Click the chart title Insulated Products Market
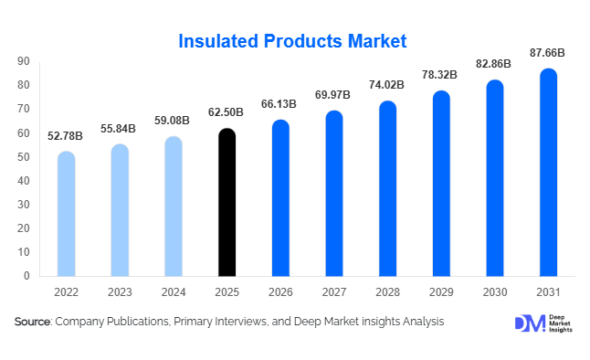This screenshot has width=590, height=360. (x=292, y=41)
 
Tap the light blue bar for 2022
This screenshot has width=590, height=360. (x=66, y=214)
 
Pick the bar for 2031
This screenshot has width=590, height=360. (x=548, y=173)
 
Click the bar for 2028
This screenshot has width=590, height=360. (x=387, y=188)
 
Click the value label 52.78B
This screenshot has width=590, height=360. (x=66, y=136)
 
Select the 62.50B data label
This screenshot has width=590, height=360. (x=227, y=113)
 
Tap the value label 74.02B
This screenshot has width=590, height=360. (x=387, y=86)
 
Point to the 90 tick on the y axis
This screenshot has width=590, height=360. (x=23, y=62)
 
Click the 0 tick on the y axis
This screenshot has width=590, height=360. (x=26, y=276)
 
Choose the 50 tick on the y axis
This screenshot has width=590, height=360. (x=23, y=157)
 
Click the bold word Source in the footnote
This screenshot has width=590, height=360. (x=32, y=323)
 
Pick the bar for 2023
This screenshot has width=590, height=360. (x=120, y=210)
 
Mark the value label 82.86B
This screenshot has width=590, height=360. (x=494, y=65)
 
